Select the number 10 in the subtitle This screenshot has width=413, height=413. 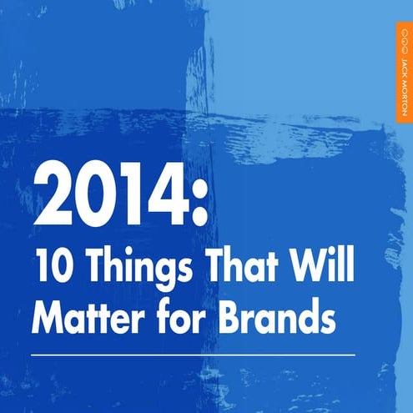click(x=51, y=271)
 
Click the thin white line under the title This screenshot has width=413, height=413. click(x=192, y=354)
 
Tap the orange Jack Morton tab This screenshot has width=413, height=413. click(x=404, y=72)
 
